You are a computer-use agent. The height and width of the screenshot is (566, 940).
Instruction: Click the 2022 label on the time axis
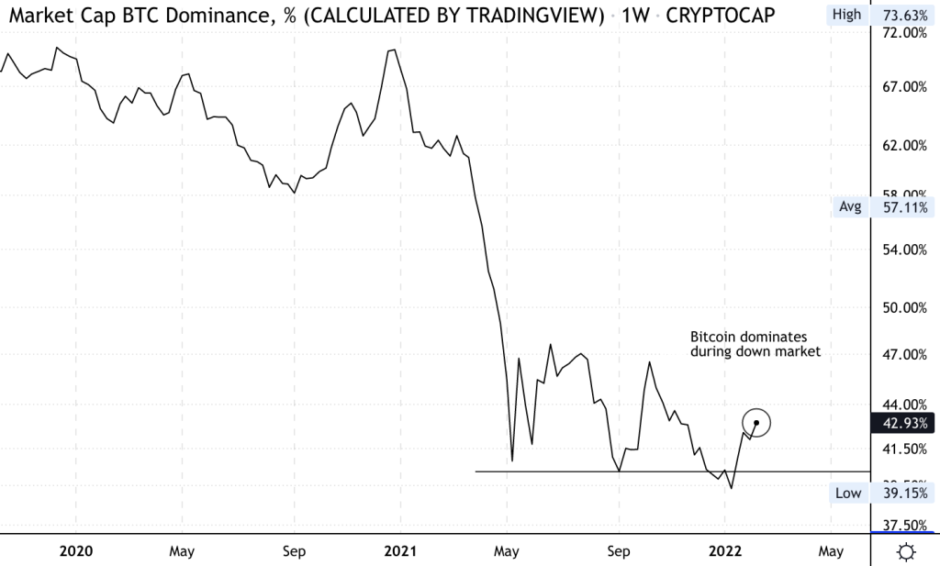coord(724,551)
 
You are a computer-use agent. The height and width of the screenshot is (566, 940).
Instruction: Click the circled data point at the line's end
coord(756,422)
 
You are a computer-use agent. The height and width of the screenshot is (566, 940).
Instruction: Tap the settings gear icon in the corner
coord(906,551)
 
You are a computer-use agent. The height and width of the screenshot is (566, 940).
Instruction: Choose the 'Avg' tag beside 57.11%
coord(850,207)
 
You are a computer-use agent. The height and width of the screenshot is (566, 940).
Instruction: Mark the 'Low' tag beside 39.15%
coord(848,494)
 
